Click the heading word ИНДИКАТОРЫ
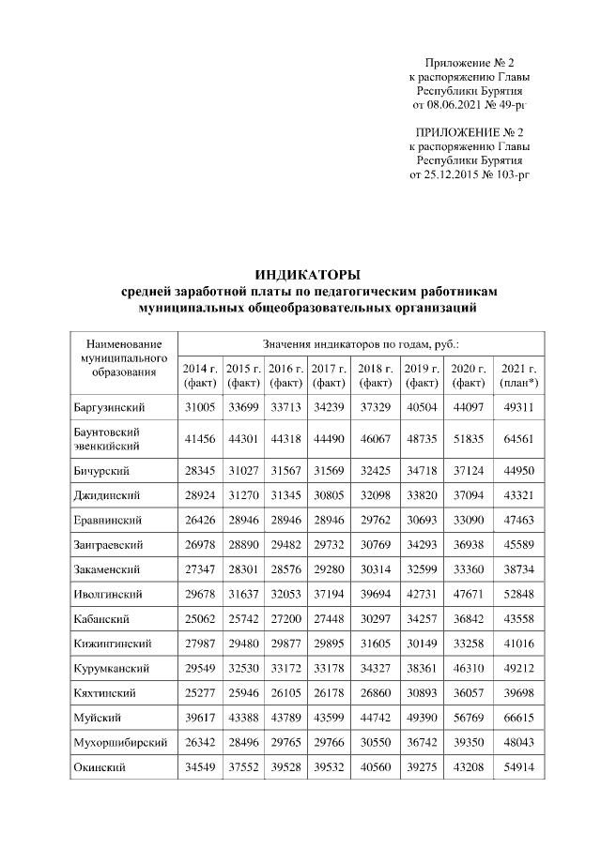(308, 275)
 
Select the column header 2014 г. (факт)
(200, 375)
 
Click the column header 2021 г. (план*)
(518, 375)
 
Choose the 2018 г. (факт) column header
(376, 375)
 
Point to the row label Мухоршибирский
(120, 742)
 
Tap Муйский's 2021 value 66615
(518, 718)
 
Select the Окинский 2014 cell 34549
(200, 766)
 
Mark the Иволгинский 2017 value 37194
(329, 594)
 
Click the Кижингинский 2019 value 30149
(422, 644)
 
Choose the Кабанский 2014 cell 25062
(200, 619)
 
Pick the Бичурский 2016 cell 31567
(285, 470)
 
